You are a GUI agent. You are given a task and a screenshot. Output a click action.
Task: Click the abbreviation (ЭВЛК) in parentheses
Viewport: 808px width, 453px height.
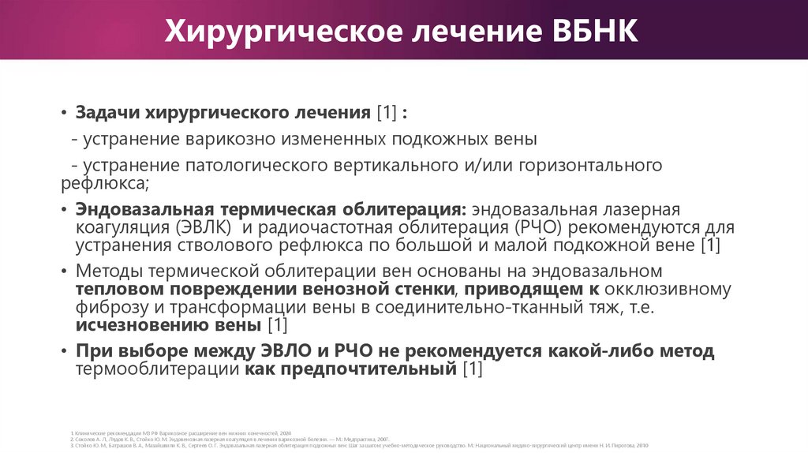200,227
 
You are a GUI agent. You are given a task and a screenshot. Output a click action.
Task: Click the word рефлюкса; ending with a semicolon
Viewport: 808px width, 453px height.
104,184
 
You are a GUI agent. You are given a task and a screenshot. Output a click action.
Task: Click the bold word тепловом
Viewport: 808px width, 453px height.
119,290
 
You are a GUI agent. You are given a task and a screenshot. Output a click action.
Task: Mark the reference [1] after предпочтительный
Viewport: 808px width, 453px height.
472,369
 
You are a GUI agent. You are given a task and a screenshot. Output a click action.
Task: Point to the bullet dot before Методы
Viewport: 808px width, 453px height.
65,271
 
